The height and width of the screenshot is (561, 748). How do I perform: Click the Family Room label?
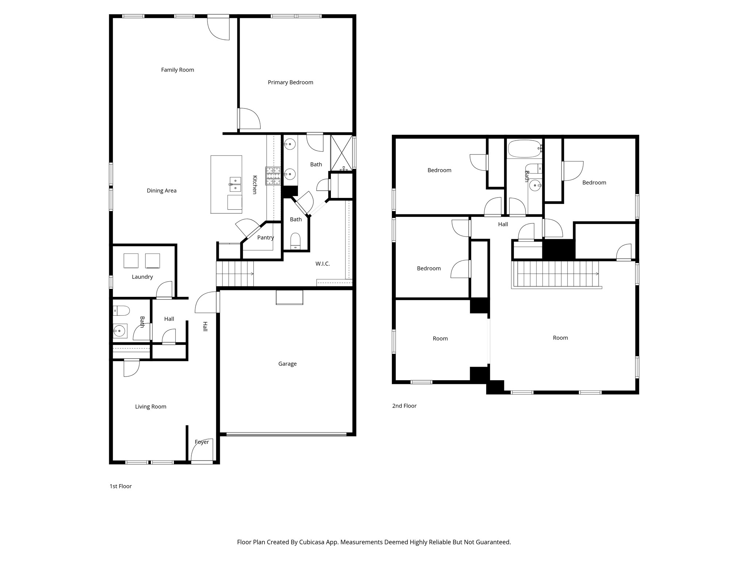[x=178, y=70]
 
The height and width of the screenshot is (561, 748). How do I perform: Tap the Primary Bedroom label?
[x=290, y=83]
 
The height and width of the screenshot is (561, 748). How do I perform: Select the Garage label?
[x=287, y=364]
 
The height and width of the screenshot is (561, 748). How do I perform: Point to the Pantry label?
[x=266, y=237]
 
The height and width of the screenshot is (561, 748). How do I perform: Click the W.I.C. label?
[x=323, y=264]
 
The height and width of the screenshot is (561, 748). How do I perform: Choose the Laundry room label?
[x=142, y=277]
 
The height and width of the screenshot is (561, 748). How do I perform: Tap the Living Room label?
[x=150, y=407]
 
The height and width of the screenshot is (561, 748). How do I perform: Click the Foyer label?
[x=202, y=442]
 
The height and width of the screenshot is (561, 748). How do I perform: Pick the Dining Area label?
[x=161, y=191]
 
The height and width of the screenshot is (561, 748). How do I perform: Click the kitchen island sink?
[x=235, y=184]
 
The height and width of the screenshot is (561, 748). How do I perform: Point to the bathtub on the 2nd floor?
[x=524, y=149]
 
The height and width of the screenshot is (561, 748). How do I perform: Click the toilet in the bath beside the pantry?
[x=295, y=241]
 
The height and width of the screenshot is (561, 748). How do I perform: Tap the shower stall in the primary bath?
[x=342, y=153]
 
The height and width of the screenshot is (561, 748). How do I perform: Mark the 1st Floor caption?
[x=121, y=486]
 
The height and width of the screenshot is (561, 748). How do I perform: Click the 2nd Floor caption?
[x=404, y=406]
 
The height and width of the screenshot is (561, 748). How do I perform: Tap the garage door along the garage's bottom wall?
[x=286, y=434]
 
